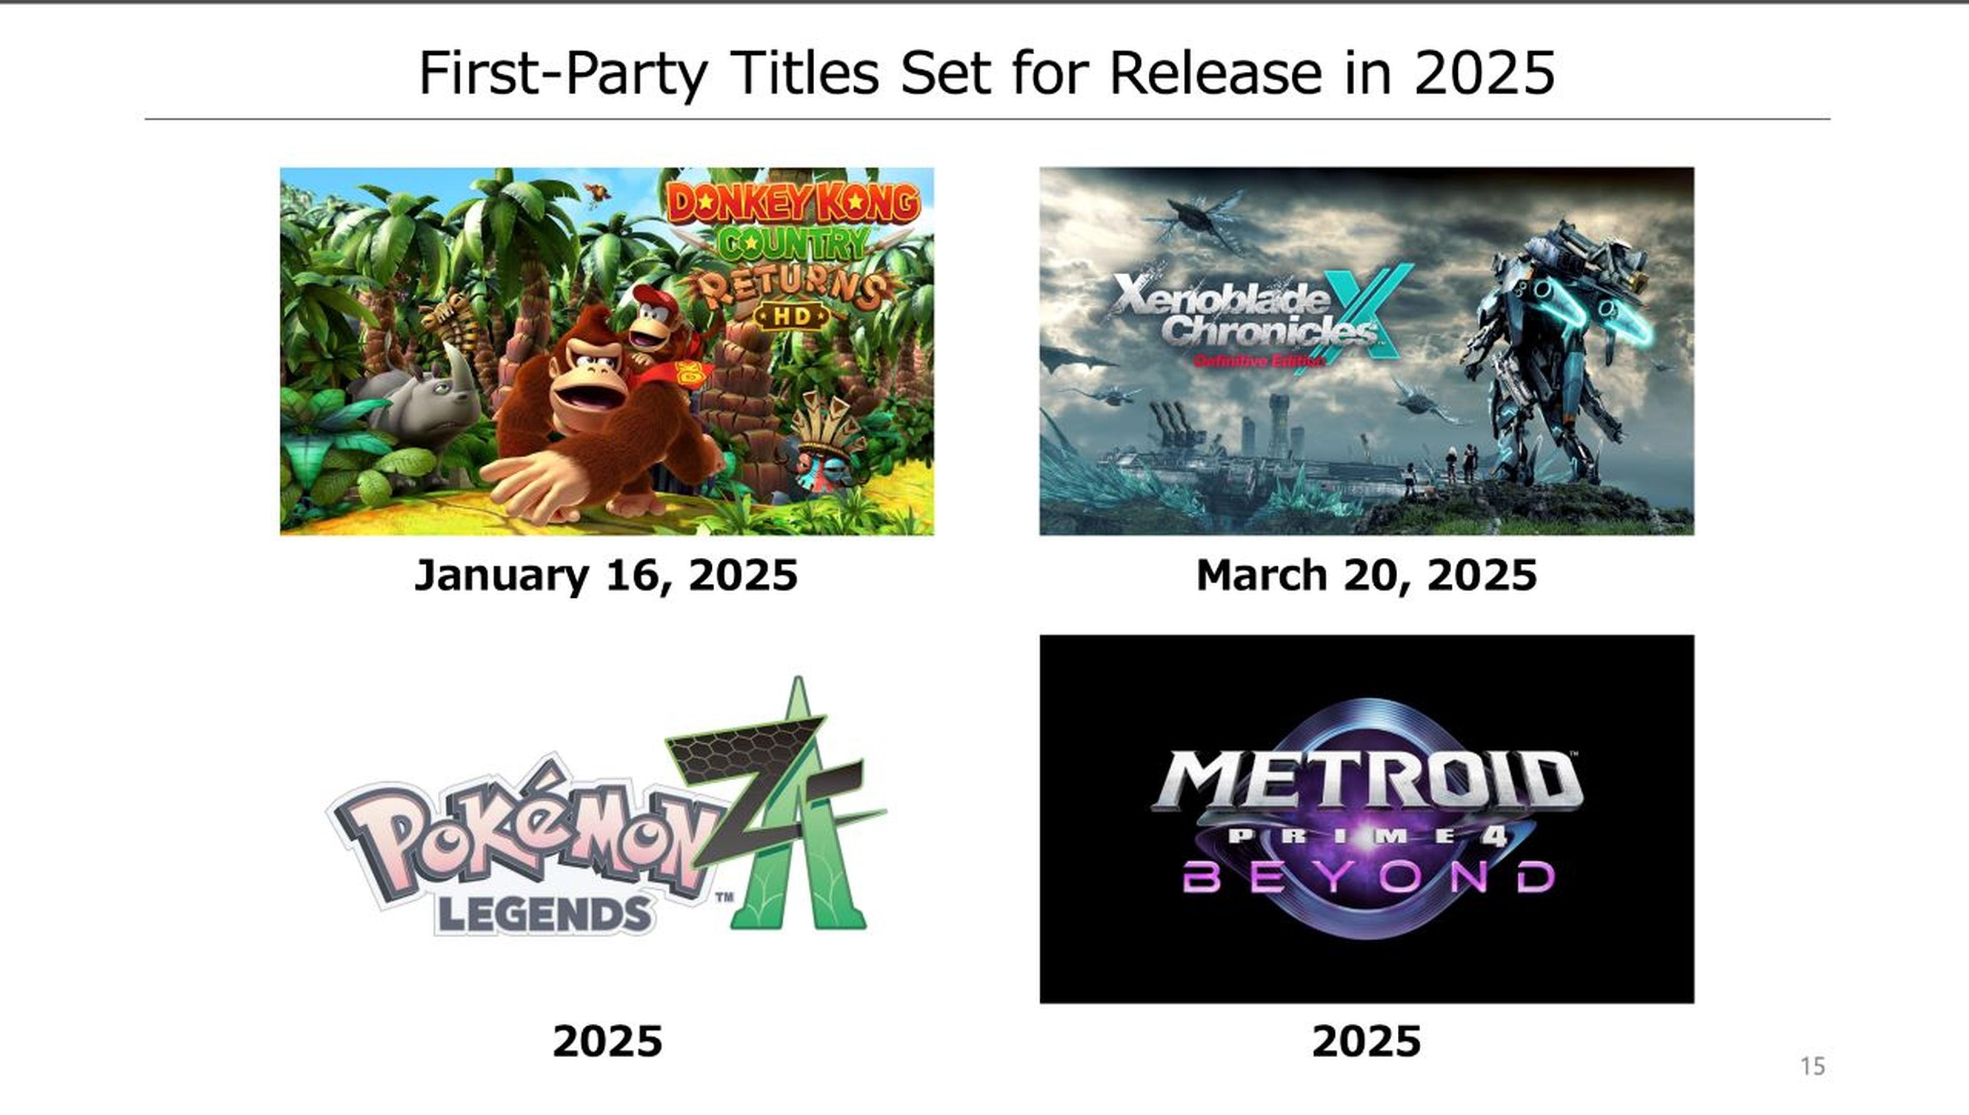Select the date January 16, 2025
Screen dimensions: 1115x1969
click(x=606, y=575)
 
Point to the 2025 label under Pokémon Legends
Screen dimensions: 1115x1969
click(x=607, y=1042)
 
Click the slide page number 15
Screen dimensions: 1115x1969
click(x=1812, y=1066)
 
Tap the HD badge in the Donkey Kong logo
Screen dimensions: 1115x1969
click(x=792, y=315)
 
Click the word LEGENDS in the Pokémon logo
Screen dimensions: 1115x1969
click(x=544, y=915)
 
